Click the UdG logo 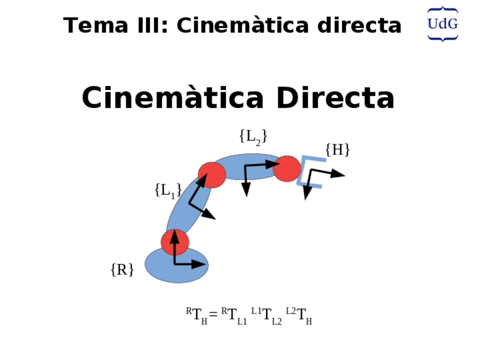coord(442,24)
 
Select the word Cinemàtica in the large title coord(172,98)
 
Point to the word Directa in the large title coord(335,98)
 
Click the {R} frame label coord(122,270)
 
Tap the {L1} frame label coord(168,190)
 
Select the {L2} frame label coord(252,136)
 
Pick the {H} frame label coord(337,150)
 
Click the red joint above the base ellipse coord(175,242)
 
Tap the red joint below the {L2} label coord(212,174)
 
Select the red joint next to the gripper coord(287,168)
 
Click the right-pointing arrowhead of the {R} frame coord(200,264)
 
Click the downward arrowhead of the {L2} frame coord(246,190)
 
